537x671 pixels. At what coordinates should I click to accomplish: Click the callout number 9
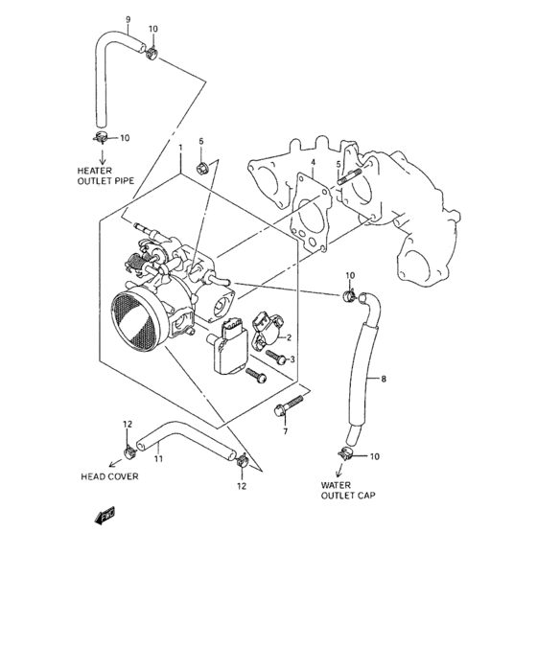click(128, 19)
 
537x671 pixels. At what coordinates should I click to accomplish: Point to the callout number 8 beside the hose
click(384, 380)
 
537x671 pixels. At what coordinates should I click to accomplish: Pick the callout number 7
click(284, 432)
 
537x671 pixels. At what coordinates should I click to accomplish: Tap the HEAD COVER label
click(108, 475)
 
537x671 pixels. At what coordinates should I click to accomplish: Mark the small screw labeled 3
click(277, 358)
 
